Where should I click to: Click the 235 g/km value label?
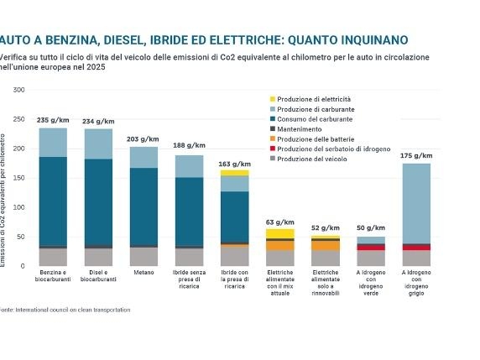[x=53, y=121]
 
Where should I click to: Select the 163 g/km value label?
[x=235, y=164]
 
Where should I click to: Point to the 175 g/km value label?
[x=416, y=156]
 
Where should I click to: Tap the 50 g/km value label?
[x=371, y=228]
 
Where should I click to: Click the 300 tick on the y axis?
[x=19, y=90]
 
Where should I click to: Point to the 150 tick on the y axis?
[x=19, y=178]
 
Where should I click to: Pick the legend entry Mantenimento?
[x=301, y=128]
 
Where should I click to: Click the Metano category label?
[x=143, y=274]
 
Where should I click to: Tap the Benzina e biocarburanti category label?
[x=53, y=277]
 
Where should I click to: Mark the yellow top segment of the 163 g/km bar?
[x=235, y=173]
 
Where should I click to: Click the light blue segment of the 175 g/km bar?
[x=416, y=201]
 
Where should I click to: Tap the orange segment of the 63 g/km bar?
[x=280, y=245]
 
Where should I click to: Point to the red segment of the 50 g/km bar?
[x=371, y=247]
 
